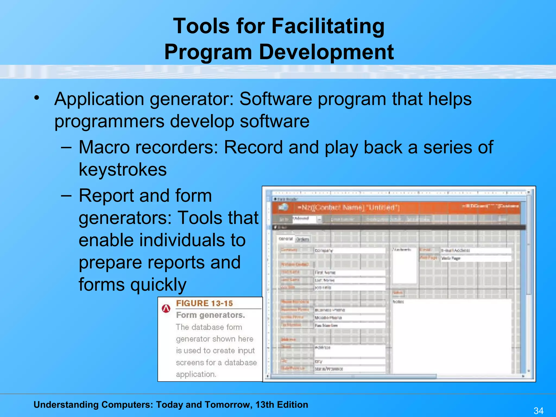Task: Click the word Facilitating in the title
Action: pyautogui.click(x=328, y=26)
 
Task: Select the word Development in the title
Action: pyautogui.click(x=326, y=52)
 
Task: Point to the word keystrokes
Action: pyautogui.click(x=123, y=170)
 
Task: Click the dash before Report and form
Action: pyautogui.click(x=67, y=195)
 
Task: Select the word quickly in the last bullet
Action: pyautogui.click(x=160, y=285)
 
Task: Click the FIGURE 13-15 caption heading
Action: pyautogui.click(x=204, y=303)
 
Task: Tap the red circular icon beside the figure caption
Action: pyautogui.click(x=166, y=309)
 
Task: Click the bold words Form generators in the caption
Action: pyautogui.click(x=210, y=315)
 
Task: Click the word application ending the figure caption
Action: pyautogui.click(x=196, y=374)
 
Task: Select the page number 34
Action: pyautogui.click(x=538, y=410)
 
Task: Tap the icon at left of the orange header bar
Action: pyautogui.click(x=284, y=207)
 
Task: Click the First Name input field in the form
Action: pyautogui.click(x=350, y=272)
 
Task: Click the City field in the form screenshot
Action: pyautogui.click(x=350, y=362)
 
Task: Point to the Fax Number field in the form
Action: pyautogui.click(x=350, y=325)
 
